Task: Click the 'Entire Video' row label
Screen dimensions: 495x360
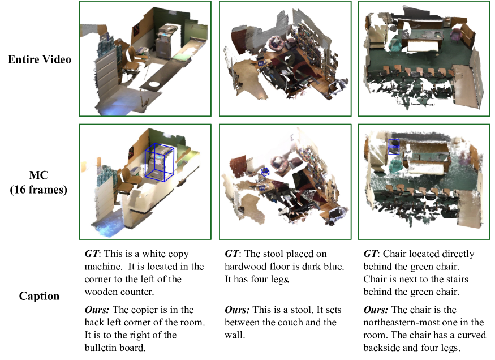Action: (40, 59)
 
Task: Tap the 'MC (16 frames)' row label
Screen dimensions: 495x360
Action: (38, 182)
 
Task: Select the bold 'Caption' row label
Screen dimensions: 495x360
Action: (39, 296)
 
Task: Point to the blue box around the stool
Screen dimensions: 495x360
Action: (265, 172)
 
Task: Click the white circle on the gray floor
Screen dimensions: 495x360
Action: (154, 84)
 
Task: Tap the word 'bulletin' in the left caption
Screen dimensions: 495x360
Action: (100, 348)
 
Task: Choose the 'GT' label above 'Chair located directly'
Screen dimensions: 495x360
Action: (371, 254)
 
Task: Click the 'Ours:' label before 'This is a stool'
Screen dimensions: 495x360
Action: (237, 310)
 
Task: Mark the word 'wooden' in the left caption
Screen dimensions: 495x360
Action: (101, 292)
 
